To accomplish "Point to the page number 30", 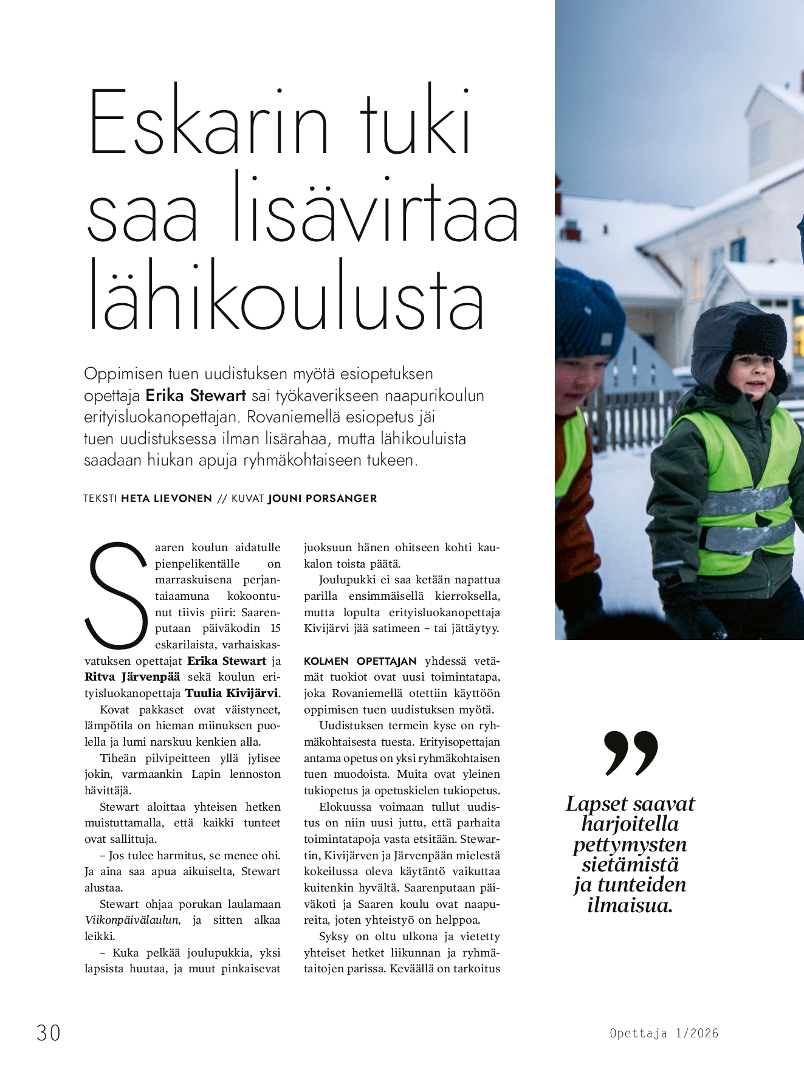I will point(49,1032).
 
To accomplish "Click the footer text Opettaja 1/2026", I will point(664,1033).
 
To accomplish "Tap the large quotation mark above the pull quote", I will point(630,754).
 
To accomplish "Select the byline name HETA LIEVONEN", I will point(167,498).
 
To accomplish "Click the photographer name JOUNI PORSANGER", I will point(322,498).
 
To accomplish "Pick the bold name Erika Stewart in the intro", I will point(196,396).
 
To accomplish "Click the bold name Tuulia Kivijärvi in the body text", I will point(232,693).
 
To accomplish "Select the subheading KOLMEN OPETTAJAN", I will point(360,661).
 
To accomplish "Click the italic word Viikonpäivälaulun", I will point(132,920).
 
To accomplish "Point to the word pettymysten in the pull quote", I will point(630,844).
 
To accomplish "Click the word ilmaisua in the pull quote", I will point(630,905).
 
